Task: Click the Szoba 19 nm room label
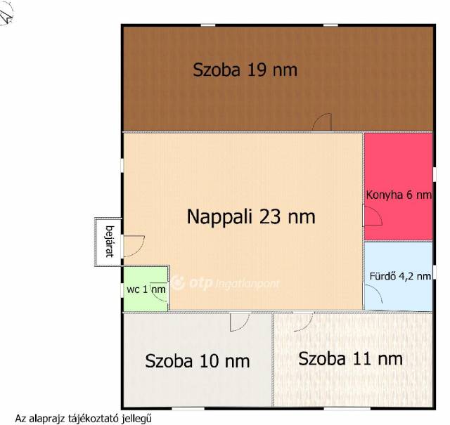[x=245, y=70]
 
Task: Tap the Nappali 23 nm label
[x=251, y=216]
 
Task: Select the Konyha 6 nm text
[x=399, y=195]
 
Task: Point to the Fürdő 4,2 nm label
[x=400, y=276]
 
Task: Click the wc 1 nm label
[x=146, y=289]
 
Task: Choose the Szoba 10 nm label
[x=198, y=361]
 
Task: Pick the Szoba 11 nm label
[x=350, y=359]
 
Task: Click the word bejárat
[x=110, y=242]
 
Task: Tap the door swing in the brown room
[x=322, y=122]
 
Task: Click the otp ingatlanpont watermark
[x=226, y=283]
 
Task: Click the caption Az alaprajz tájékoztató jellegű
[x=83, y=419]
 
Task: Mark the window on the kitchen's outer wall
[x=435, y=174]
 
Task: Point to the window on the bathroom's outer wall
[x=435, y=272]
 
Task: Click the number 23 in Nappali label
[x=270, y=216]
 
